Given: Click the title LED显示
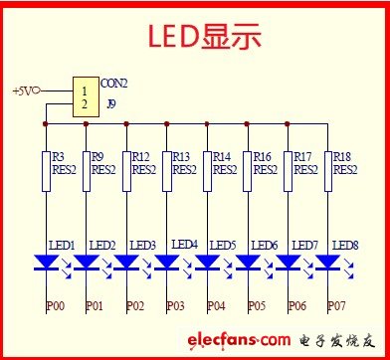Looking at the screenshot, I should tap(204, 37).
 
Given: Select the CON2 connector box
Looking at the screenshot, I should tap(86, 96).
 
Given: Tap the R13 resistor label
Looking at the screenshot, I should tap(180, 157).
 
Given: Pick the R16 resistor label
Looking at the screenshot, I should tap(262, 157).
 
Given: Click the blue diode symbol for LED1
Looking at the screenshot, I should tap(47, 262).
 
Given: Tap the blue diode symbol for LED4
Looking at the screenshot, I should tap(167, 262).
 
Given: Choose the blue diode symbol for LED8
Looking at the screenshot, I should tap(327, 262).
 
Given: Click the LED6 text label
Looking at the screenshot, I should tap(265, 245).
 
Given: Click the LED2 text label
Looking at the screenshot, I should tap(102, 245).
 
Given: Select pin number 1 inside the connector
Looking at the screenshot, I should tap(85, 90).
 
